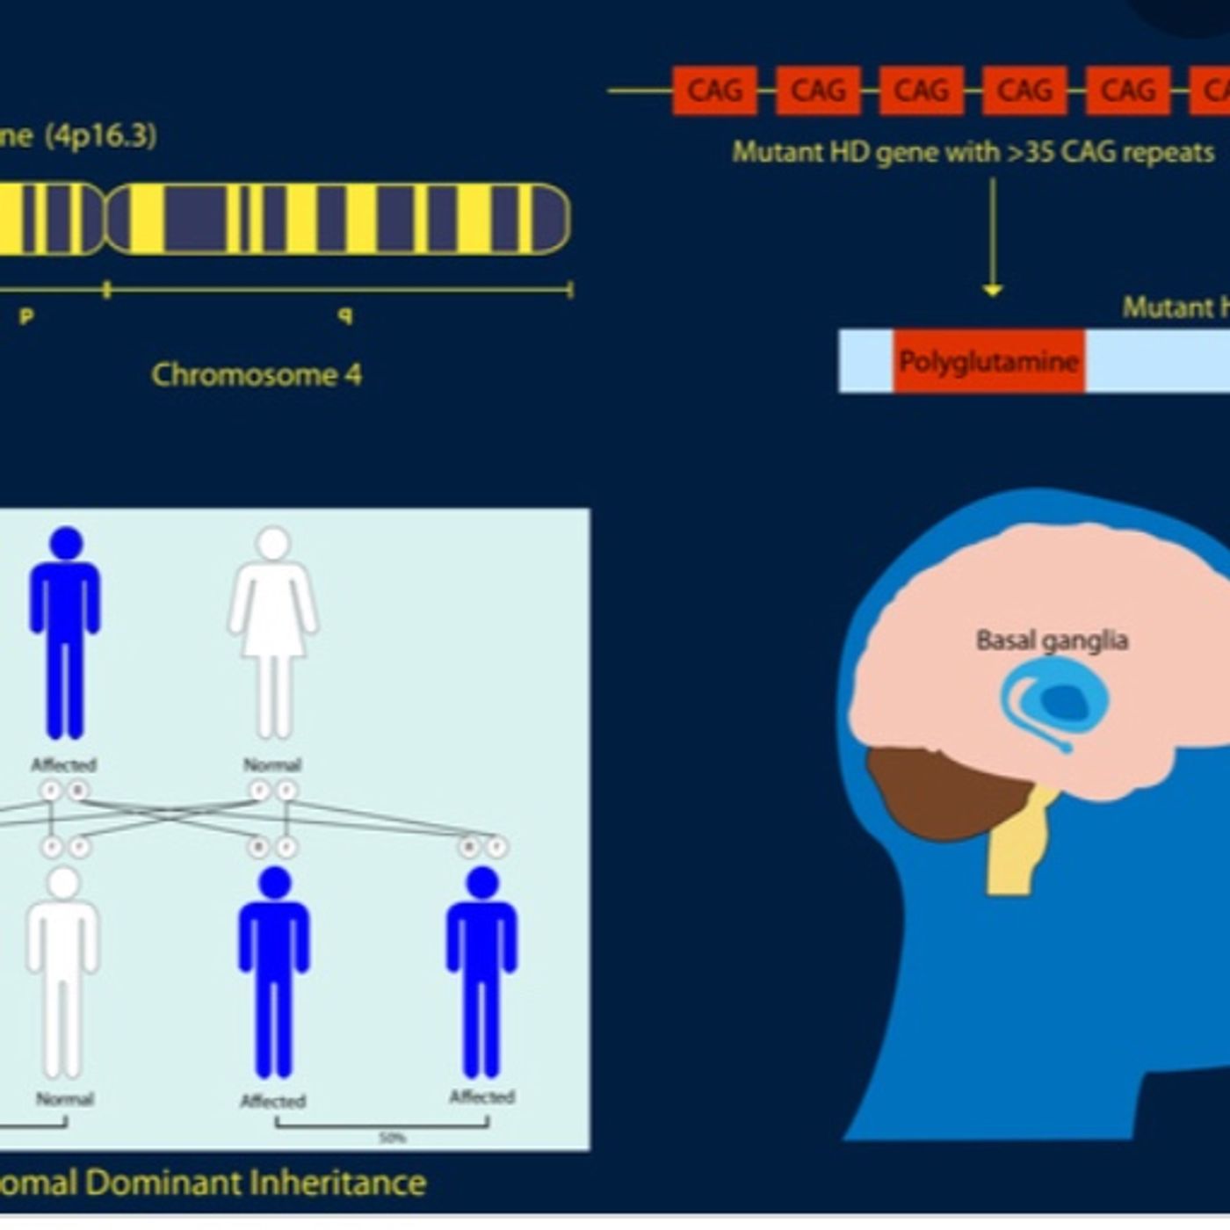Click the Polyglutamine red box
[988, 361]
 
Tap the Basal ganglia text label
[1052, 640]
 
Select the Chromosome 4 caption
[257, 374]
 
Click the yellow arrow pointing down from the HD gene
[993, 237]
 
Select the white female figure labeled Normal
[273, 633]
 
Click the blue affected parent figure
[65, 633]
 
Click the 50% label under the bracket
[392, 1138]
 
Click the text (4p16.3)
[101, 136]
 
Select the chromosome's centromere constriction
[106, 219]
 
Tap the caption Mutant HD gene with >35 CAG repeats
[973, 152]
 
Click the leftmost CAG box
[714, 90]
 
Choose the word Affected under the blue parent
[63, 764]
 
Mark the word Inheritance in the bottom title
[337, 1182]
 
